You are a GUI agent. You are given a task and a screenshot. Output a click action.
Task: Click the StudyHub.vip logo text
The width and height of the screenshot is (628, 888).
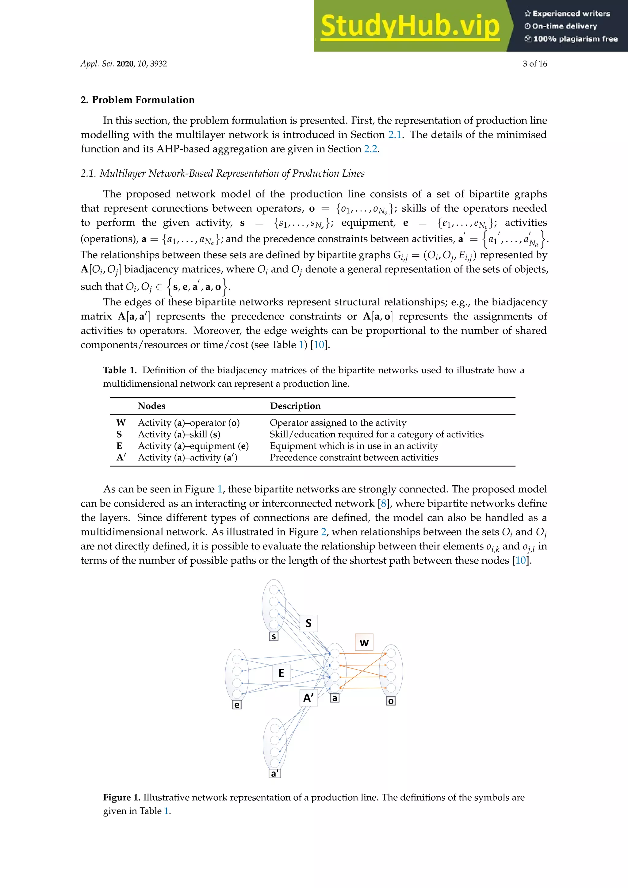click(x=410, y=26)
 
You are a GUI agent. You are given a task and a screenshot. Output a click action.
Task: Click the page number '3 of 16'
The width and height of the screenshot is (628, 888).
click(x=534, y=64)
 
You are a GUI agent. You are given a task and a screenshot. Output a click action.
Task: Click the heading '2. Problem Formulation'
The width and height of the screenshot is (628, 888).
click(x=137, y=100)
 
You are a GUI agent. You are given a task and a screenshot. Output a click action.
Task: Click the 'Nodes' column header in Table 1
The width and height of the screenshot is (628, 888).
click(x=151, y=406)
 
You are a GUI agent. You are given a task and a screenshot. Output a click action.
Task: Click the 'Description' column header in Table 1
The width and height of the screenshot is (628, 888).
click(x=295, y=406)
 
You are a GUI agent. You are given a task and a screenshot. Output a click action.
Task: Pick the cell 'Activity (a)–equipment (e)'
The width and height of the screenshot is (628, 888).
click(x=193, y=446)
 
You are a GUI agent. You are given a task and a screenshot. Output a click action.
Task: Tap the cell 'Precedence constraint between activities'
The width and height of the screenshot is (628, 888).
click(x=354, y=457)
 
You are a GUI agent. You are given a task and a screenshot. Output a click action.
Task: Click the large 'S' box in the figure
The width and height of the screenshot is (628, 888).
click(x=308, y=623)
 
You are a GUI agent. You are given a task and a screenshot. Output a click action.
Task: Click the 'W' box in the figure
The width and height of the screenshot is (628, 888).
click(x=364, y=642)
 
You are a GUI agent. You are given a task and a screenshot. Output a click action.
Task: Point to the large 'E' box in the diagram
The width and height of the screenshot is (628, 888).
click(x=281, y=673)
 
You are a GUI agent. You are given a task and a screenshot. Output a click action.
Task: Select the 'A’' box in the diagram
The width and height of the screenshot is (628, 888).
click(x=308, y=698)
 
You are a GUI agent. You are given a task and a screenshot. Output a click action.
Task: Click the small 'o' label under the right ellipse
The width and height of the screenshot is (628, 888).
click(x=391, y=701)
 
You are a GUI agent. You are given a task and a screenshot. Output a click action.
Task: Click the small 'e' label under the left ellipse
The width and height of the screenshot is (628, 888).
click(x=237, y=705)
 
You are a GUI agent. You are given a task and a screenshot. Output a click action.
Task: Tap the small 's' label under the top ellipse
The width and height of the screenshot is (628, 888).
click(x=274, y=636)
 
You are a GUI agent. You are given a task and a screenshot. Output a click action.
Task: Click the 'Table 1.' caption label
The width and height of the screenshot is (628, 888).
click(x=120, y=370)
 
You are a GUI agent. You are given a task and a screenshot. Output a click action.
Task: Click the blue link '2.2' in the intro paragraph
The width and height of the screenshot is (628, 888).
click(x=370, y=149)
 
